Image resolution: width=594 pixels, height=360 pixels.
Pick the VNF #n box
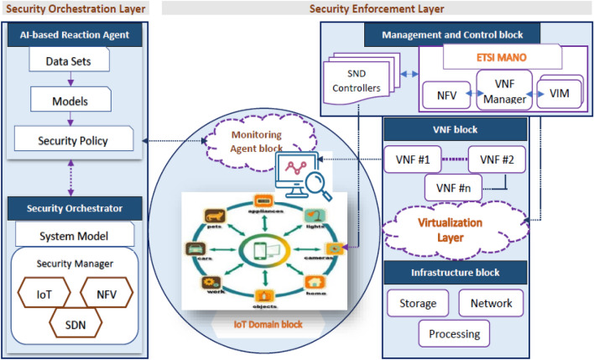pyautogui.click(x=454, y=187)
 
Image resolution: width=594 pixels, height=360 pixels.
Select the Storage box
pyautogui.click(x=418, y=302)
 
